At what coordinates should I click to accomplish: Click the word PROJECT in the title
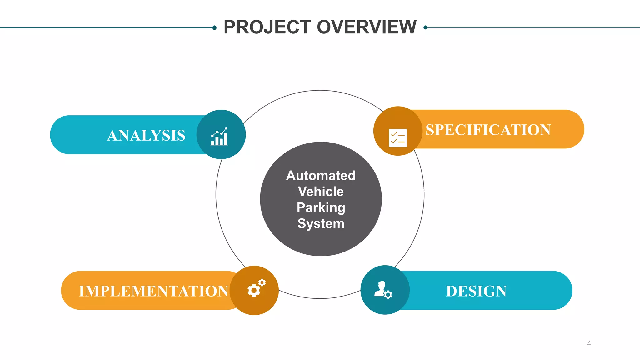tap(267, 27)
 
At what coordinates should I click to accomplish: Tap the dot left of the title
tap(214, 28)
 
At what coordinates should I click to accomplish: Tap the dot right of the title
tap(425, 27)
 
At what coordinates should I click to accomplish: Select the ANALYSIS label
tap(146, 135)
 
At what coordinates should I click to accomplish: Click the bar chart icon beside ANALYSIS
tap(220, 137)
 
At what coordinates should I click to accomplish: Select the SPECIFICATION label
tap(488, 130)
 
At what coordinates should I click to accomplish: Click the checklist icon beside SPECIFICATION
tap(397, 137)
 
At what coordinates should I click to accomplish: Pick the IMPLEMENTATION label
tap(153, 291)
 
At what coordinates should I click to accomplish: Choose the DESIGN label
tap(476, 291)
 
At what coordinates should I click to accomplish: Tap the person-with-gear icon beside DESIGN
tap(383, 290)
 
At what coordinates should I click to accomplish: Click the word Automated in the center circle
tap(321, 176)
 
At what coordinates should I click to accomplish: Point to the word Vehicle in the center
tap(321, 192)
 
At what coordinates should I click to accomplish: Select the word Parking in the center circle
tap(321, 208)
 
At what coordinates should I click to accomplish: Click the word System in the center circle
tap(321, 224)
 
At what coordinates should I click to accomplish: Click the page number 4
tap(589, 343)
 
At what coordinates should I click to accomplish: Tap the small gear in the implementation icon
tap(262, 282)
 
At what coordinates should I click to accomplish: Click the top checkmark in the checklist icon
tap(394, 134)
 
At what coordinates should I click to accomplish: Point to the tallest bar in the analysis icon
tap(225, 139)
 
